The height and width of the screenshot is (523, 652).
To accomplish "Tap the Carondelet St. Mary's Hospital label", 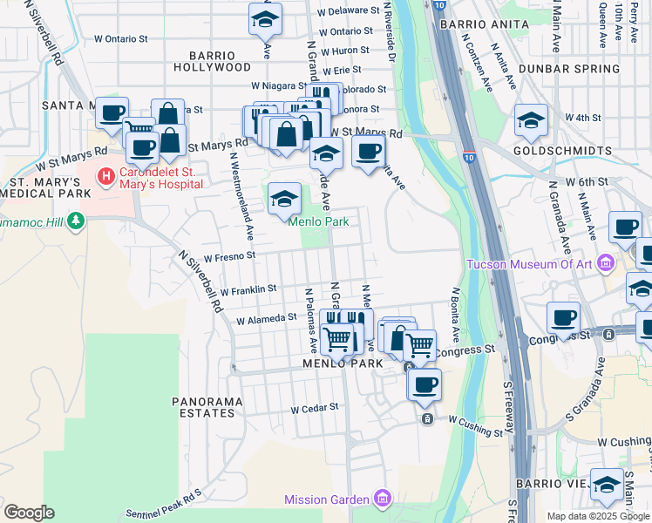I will click(x=161, y=177).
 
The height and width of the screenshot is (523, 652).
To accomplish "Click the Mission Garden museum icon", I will click(x=382, y=499).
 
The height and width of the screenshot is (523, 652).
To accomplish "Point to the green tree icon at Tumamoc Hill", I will click(x=78, y=221).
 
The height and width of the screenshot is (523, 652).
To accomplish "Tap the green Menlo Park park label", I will click(x=319, y=221).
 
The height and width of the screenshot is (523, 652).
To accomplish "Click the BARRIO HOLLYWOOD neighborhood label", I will click(x=212, y=59).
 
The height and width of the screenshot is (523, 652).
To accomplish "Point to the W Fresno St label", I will click(x=228, y=257).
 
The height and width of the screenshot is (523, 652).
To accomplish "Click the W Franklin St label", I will click(x=248, y=289).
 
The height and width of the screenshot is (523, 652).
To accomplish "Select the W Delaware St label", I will click(x=349, y=12).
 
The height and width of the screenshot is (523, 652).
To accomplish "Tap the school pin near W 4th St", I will click(x=531, y=122).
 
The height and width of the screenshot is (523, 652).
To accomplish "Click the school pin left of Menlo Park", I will click(x=284, y=200).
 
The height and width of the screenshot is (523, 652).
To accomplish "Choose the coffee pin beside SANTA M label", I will click(x=112, y=113).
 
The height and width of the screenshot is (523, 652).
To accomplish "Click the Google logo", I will click(x=29, y=512).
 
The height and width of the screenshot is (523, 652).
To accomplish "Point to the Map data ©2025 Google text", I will click(x=597, y=516).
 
